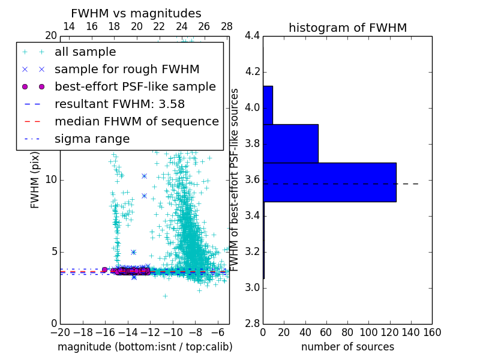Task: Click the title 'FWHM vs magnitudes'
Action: click(x=136, y=14)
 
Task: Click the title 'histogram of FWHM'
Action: click(x=347, y=28)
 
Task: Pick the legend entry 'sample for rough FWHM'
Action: click(x=127, y=69)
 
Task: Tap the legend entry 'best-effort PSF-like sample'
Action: click(x=135, y=86)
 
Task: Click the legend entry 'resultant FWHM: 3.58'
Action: click(x=119, y=104)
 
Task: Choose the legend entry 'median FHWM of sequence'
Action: click(x=136, y=121)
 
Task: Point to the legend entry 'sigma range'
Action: click(x=92, y=139)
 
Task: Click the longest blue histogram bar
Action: click(x=329, y=182)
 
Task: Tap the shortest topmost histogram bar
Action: click(x=268, y=105)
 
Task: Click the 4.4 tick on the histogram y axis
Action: click(x=252, y=36)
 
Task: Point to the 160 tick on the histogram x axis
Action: click(x=432, y=331)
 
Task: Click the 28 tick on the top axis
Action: click(x=227, y=26)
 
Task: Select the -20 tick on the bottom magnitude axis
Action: click(x=60, y=331)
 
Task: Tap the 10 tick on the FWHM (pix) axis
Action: click(x=51, y=180)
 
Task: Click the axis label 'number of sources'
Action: click(x=347, y=347)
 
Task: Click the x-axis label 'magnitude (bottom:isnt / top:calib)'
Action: click(x=145, y=347)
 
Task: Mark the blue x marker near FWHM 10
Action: click(x=144, y=176)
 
